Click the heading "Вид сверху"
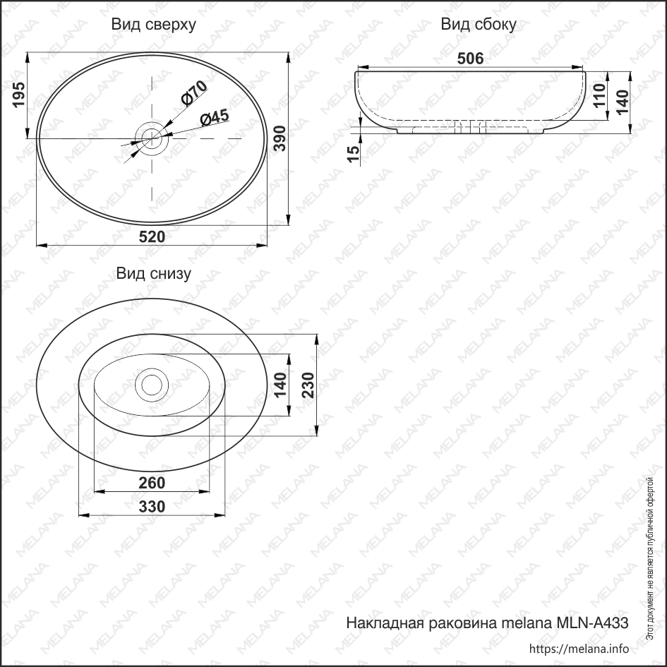coord(153,25)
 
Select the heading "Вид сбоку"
coord(479,25)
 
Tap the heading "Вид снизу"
coord(153,274)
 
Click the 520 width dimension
coord(152,236)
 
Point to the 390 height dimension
coord(280,138)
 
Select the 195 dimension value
coord(19,95)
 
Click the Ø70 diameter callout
coord(193,93)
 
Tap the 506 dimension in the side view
coord(470,59)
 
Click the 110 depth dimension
coord(600,95)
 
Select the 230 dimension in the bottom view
coord(308,385)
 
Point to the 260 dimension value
coord(152,483)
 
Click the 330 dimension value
coord(152,506)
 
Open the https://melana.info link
coord(578,649)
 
